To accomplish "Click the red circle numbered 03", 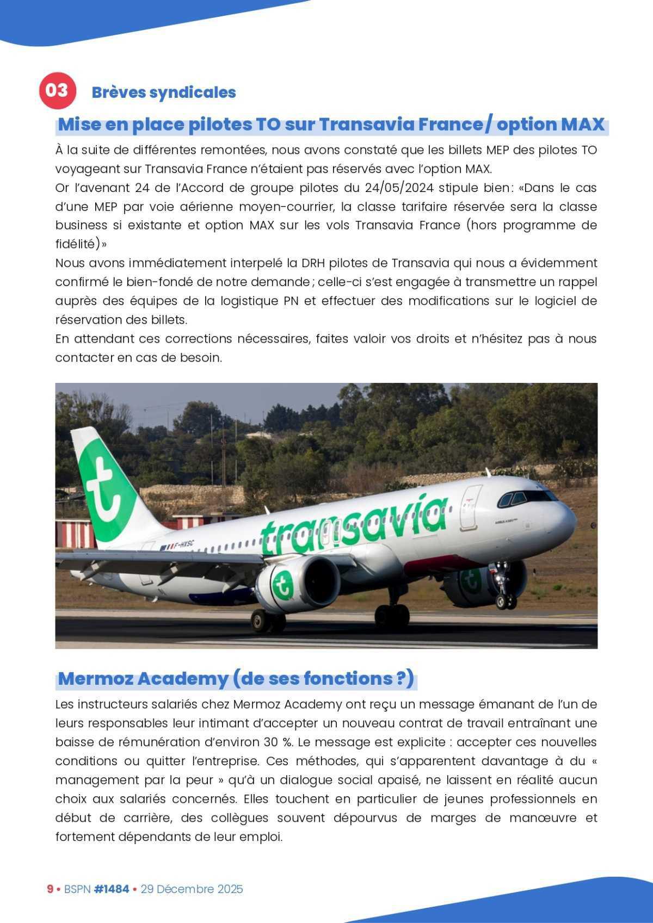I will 56,90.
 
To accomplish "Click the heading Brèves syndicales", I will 163,92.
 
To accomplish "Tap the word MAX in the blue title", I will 582,125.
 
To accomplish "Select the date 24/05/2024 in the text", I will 399,188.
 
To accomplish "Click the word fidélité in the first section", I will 75,244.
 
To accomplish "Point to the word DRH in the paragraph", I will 328,263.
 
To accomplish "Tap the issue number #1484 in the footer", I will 111,889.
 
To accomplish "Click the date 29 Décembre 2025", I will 192,889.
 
